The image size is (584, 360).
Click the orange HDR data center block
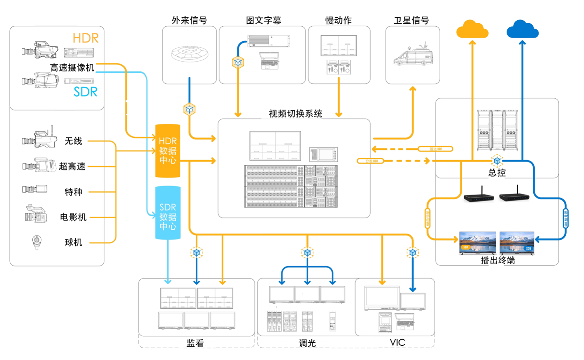click(168, 151)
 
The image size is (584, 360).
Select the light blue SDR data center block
click(168, 213)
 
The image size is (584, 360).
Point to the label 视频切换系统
click(295, 114)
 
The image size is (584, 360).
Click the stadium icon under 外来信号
click(189, 54)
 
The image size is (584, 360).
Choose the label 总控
click(497, 173)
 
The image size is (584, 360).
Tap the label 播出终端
click(498, 260)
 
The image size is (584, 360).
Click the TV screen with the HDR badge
click(477, 243)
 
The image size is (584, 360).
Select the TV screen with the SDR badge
click(517, 243)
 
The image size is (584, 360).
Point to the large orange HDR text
click(85, 38)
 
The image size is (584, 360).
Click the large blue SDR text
click(85, 92)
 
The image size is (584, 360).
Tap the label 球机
click(73, 243)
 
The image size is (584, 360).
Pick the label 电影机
click(73, 217)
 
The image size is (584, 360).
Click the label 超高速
click(72, 166)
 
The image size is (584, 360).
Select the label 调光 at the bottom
click(307, 343)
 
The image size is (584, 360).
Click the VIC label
click(397, 342)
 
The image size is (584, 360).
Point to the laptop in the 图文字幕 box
click(269, 61)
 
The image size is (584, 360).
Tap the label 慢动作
click(338, 21)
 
